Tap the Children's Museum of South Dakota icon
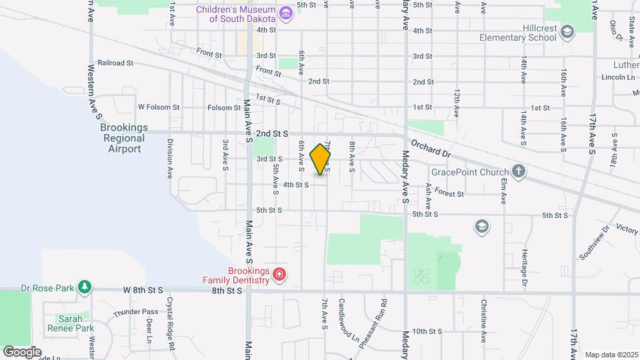click(x=285, y=13)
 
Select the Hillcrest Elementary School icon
click(x=567, y=31)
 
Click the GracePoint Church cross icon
click(x=519, y=171)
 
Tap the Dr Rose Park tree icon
click(x=84, y=287)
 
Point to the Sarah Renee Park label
click(x=71, y=323)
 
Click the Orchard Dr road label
click(x=431, y=148)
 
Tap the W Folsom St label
click(x=159, y=107)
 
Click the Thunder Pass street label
click(x=135, y=312)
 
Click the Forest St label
click(x=449, y=194)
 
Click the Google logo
click(x=23, y=352)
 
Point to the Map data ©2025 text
click(x=610, y=355)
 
